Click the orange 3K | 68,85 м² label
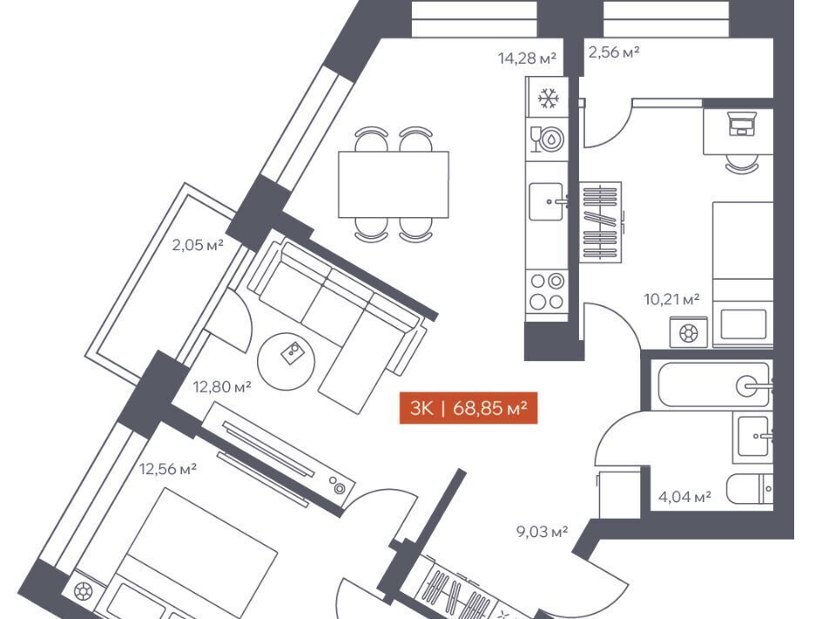coord(469,408)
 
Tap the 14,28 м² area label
coord(528,58)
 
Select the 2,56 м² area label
coord(614,51)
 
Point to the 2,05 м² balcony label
coord(198,245)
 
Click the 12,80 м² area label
coord(222,386)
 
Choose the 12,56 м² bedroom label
coord(168,469)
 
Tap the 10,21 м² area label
coord(671,299)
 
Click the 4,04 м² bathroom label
coord(684,497)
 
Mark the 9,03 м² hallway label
coord(543,532)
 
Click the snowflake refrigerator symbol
coord(548,99)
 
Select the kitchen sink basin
coord(546,201)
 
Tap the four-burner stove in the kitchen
coord(547,291)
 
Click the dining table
coord(394,185)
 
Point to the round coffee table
coord(287,361)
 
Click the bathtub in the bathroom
coord(714,384)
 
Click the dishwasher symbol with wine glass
coord(547,139)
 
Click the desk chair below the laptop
coord(742,163)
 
